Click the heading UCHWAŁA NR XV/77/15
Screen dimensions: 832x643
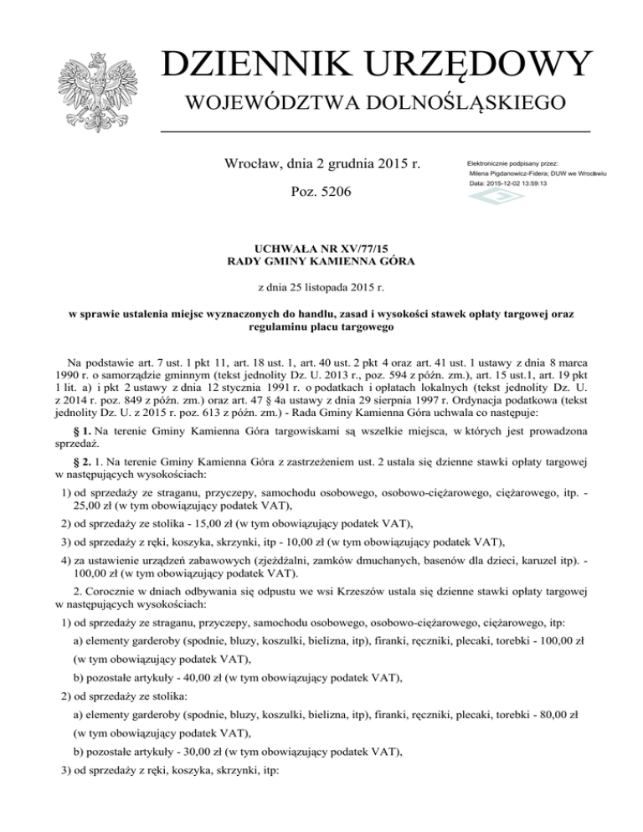coord(322,248)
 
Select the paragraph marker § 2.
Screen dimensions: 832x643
coord(80,465)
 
